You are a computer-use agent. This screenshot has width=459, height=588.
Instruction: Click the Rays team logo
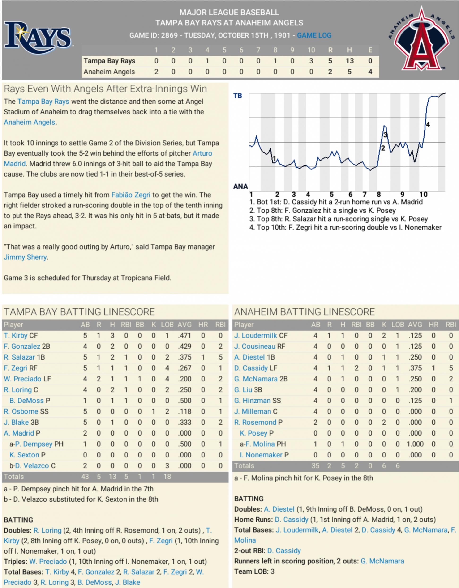tap(38, 38)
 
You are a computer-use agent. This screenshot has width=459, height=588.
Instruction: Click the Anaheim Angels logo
tap(422, 40)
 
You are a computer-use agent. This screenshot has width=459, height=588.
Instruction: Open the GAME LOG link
tap(314, 35)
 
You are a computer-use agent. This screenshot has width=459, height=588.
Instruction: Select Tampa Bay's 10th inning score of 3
tap(311, 61)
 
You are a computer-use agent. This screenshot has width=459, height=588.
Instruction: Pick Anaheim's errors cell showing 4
tap(370, 72)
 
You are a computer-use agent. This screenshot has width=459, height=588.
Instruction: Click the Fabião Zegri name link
tap(131, 195)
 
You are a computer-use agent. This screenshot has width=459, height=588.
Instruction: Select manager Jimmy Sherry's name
tap(25, 257)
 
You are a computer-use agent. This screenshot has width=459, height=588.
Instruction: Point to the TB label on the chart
tap(238, 96)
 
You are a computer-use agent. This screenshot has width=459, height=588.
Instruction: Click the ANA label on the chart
tap(240, 186)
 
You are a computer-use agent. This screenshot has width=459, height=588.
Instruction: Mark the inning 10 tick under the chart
tap(423, 194)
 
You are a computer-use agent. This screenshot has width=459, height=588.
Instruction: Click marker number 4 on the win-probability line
tap(428, 125)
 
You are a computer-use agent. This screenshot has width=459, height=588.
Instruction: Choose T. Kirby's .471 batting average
tap(184, 335)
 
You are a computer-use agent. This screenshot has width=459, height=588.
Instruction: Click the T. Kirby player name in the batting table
tap(16, 335)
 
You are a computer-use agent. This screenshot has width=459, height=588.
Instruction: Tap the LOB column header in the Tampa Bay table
tap(167, 325)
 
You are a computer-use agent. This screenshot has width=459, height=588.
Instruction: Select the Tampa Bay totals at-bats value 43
tap(85, 477)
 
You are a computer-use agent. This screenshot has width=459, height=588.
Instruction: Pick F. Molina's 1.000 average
tap(415, 444)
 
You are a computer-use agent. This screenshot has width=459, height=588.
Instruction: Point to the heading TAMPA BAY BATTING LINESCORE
tap(79, 312)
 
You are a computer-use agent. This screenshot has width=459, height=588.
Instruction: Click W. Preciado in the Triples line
tap(48, 561)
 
